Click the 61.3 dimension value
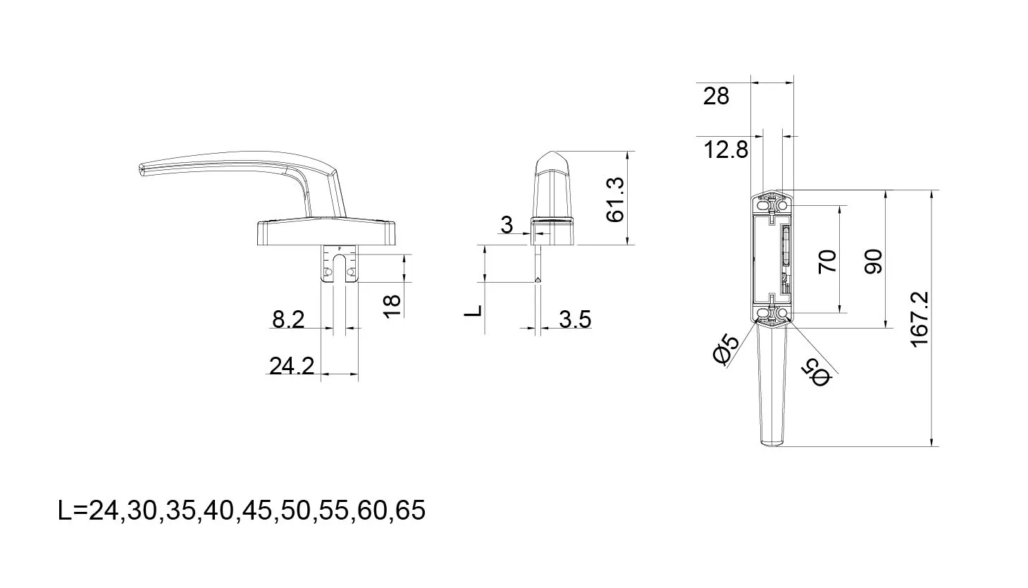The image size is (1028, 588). [615, 200]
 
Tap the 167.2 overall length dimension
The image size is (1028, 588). [919, 319]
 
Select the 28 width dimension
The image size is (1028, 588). [716, 97]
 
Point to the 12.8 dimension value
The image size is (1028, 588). [726, 149]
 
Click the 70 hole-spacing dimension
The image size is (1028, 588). [827, 262]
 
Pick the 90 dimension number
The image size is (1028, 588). [873, 262]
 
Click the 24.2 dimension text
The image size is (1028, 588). [292, 366]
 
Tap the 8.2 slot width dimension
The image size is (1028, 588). [288, 319]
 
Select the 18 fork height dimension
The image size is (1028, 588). [392, 307]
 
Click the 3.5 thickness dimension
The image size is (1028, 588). [575, 319]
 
